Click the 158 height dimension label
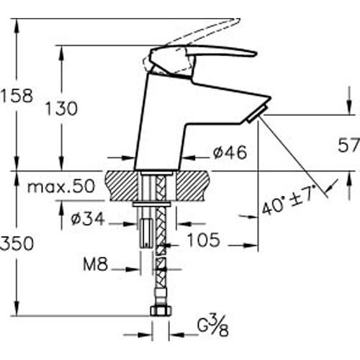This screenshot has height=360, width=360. (x=17, y=95)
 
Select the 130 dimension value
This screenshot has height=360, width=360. (x=62, y=109)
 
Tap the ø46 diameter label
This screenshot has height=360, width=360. (x=230, y=152)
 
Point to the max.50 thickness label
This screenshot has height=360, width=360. (x=61, y=186)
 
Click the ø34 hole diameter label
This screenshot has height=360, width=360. (x=88, y=219)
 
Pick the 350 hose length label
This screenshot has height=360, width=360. (x=17, y=243)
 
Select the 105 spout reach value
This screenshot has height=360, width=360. (x=203, y=240)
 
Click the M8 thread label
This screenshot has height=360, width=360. (x=95, y=264)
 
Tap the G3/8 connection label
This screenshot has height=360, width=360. (x=212, y=326)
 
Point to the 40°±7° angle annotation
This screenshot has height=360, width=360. (x=288, y=201)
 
